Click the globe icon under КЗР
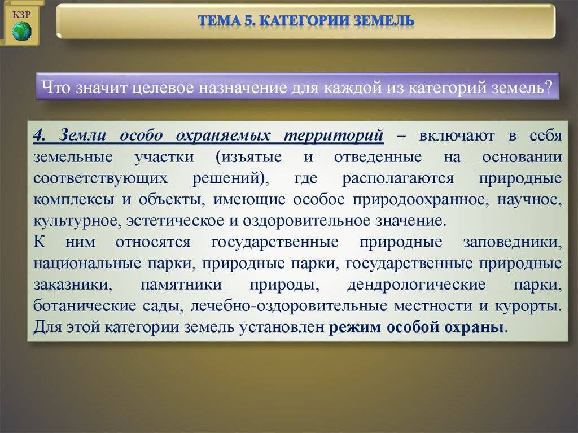[22, 31]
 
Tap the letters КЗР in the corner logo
[21, 15]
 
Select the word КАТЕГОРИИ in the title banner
[304, 21]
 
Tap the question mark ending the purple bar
[549, 87]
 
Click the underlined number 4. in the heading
[40, 135]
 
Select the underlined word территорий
[334, 135]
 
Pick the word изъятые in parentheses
[249, 157]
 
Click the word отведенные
[378, 157]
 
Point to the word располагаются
[398, 178]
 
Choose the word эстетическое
[175, 221]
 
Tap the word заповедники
[513, 242]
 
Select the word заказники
[73, 285]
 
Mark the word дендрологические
[416, 285]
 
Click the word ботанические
[85, 306]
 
